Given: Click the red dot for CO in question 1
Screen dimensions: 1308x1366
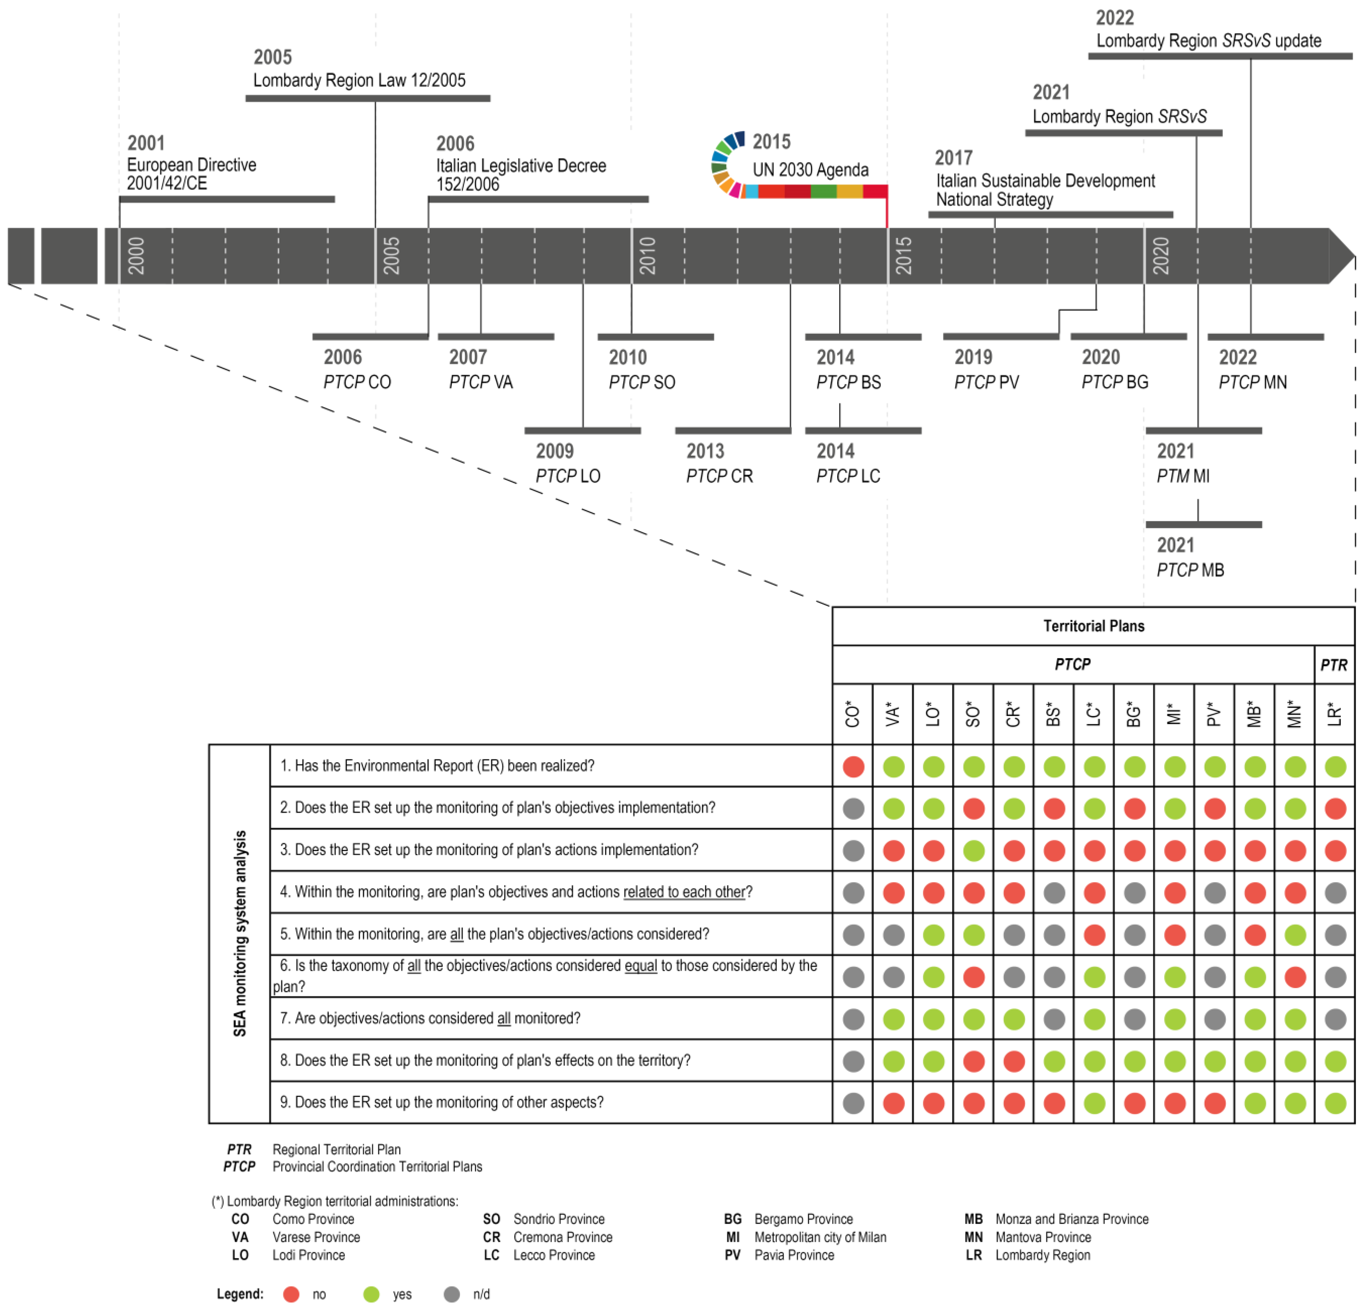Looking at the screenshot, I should (853, 767).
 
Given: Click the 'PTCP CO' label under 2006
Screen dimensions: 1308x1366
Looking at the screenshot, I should (357, 382).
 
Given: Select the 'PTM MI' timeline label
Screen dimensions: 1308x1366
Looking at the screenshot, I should (1183, 476).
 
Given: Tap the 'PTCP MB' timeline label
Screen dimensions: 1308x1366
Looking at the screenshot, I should (1190, 570).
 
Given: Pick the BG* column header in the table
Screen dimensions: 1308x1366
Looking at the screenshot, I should (1134, 714).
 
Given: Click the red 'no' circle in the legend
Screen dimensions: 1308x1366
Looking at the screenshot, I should (291, 1294).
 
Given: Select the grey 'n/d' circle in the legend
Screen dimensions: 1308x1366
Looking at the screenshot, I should (452, 1294).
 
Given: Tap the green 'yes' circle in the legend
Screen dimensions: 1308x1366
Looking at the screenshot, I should (371, 1294).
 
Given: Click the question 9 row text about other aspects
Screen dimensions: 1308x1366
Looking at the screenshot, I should (442, 1102).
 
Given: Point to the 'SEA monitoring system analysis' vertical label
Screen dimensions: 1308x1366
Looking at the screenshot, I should (240, 933).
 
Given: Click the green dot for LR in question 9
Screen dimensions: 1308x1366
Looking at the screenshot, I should (1335, 1103).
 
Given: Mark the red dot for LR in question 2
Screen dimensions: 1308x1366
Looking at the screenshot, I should (1335, 809).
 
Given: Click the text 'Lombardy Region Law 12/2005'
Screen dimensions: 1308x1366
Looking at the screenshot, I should (359, 80).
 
